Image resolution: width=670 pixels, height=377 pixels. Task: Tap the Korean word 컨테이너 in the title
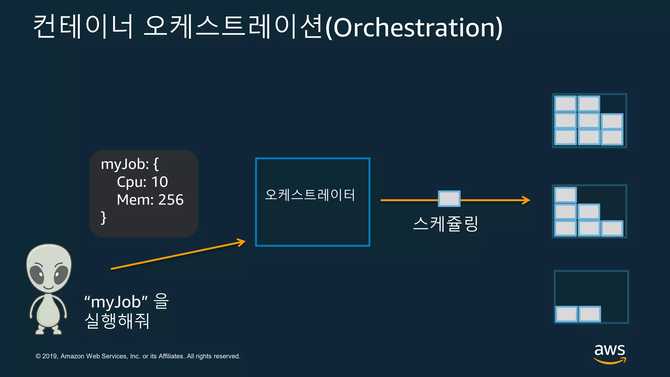pyautogui.click(x=83, y=26)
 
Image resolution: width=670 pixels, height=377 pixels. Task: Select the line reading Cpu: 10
pyautogui.click(x=142, y=182)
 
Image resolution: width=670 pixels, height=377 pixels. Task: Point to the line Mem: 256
pyautogui.click(x=150, y=200)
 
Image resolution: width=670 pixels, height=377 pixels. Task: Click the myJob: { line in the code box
pyautogui.click(x=130, y=164)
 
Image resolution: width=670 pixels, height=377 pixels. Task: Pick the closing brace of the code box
pyautogui.click(x=103, y=218)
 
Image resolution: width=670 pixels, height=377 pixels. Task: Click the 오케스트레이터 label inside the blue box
pyautogui.click(x=310, y=195)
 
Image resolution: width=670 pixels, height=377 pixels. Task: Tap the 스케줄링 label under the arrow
pyautogui.click(x=446, y=224)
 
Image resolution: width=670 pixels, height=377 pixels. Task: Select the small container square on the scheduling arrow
pyautogui.click(x=449, y=199)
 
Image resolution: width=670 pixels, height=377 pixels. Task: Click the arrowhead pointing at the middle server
pyautogui.click(x=526, y=200)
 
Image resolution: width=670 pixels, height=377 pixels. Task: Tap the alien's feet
pyautogui.click(x=48, y=330)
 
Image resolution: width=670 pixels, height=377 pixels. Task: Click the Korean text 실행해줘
pyautogui.click(x=117, y=321)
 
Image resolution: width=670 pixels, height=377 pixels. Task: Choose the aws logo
pyautogui.click(x=610, y=353)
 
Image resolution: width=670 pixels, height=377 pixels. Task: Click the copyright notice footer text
pyautogui.click(x=138, y=356)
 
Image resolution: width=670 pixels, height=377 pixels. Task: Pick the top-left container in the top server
pyautogui.click(x=566, y=104)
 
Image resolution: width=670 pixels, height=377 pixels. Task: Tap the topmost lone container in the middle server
pyautogui.click(x=566, y=195)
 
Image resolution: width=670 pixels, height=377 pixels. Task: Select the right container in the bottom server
pyautogui.click(x=590, y=314)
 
